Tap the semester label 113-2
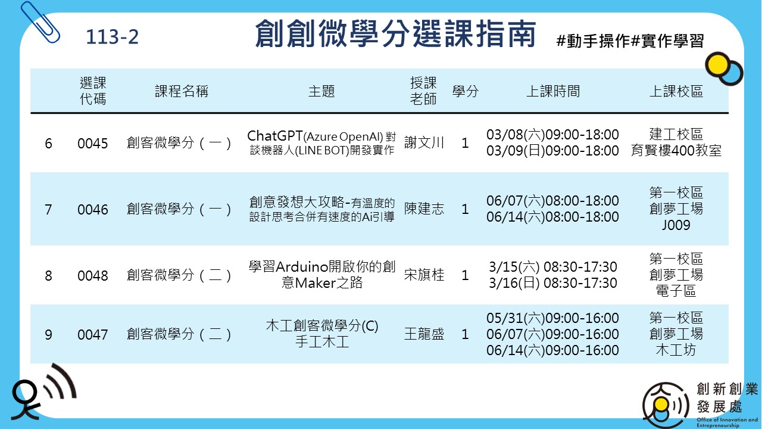pos(113,37)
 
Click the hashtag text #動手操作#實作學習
pos(630,41)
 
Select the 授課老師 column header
pos(423,91)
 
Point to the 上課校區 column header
pos(676,91)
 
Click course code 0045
pos(92,144)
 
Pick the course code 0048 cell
pos(92,275)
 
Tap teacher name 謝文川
pos(424,142)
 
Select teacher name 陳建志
pos(424,209)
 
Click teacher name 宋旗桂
pos(424,275)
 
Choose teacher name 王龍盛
pos(424,334)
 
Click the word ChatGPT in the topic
pos(275,136)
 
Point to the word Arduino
pos(302,266)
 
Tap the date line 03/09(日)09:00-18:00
pos(552,151)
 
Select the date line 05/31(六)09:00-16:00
pos(552,318)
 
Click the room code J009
pos(676,225)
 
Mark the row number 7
pos(48,209)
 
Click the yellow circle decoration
pos(716,64)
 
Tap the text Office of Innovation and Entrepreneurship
pos(727,422)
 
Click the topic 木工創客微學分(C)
pos(322,325)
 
